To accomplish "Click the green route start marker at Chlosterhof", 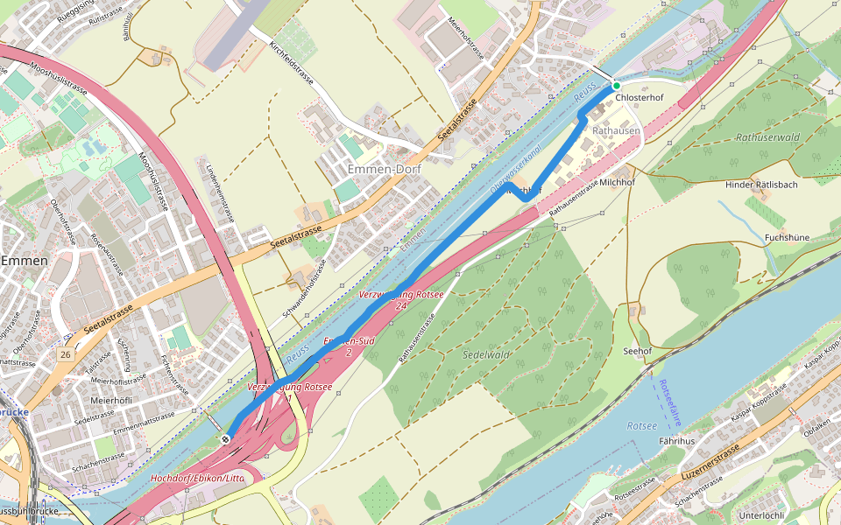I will coord(616,86).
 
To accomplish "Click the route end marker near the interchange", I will coord(227,438).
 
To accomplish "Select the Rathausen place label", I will coord(617,130).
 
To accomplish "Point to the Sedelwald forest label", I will coord(486,354).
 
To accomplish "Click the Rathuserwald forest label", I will coord(768,137).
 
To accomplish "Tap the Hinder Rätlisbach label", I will coord(761,185).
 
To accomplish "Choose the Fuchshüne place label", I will coord(786,237).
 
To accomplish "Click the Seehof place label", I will coord(637,350).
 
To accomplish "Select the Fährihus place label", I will coord(676,441).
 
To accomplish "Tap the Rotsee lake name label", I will coord(641,425).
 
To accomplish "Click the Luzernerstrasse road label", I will coord(709,466).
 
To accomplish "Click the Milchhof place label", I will coord(617,181).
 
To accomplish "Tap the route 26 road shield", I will coord(66,354).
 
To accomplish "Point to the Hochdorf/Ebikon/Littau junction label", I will coord(198,479).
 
